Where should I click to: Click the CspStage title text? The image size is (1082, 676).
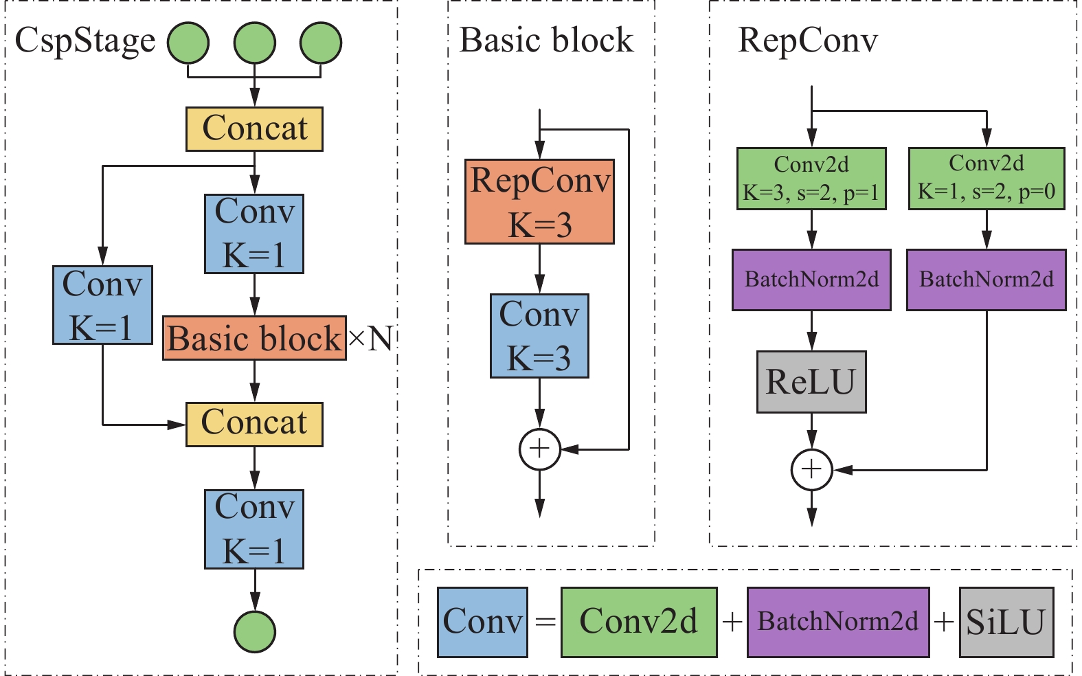click(x=85, y=41)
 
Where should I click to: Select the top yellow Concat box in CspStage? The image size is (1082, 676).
click(x=254, y=129)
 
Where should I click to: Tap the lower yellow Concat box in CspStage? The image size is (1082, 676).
click(x=254, y=424)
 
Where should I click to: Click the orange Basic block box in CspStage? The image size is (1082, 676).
click(x=254, y=338)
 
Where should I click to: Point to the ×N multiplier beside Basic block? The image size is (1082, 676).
click(x=371, y=338)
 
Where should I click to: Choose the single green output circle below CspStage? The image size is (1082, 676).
click(x=254, y=631)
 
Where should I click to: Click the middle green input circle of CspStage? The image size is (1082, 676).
click(x=254, y=43)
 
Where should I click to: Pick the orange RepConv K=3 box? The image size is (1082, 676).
click(x=539, y=202)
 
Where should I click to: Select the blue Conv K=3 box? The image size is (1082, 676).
click(x=539, y=336)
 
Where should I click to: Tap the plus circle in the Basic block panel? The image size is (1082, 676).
click(x=539, y=449)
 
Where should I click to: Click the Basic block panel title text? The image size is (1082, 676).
click(x=546, y=41)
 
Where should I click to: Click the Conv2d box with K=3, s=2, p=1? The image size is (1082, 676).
click(x=811, y=179)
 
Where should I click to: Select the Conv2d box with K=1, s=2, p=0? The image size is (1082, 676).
click(x=987, y=179)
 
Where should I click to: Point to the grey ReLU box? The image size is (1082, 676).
click(x=811, y=382)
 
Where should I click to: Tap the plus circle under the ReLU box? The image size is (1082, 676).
click(x=811, y=470)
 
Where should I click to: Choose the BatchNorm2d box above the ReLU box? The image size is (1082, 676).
click(x=811, y=280)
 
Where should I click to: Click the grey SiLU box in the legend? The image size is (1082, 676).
click(x=1006, y=622)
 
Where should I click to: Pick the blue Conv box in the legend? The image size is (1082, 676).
click(x=482, y=622)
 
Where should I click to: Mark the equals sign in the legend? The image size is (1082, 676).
click(x=545, y=622)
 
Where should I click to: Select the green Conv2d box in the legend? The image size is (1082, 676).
click(x=639, y=622)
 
